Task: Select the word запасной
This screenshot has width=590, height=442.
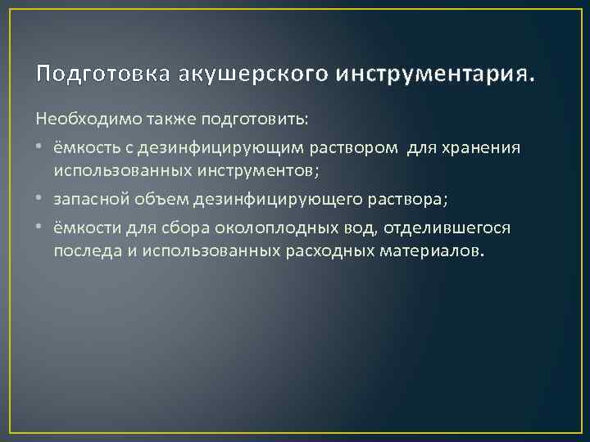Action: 86,199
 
